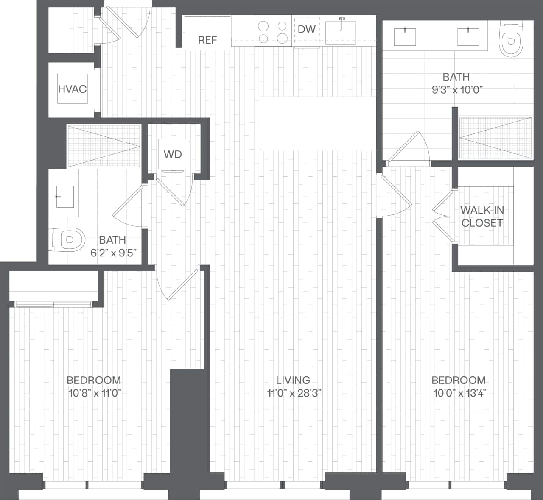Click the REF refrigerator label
pyautogui.click(x=207, y=40)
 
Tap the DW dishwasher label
pyautogui.click(x=306, y=29)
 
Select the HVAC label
pyautogui.click(x=72, y=89)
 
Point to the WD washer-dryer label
pyautogui.click(x=173, y=154)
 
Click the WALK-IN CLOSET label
pyautogui.click(x=482, y=217)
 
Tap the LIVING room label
pyautogui.click(x=293, y=380)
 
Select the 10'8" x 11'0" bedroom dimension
pyautogui.click(x=95, y=393)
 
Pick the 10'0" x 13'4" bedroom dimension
pyautogui.click(x=459, y=393)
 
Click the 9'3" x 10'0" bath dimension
pyautogui.click(x=456, y=90)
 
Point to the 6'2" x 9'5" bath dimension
pyautogui.click(x=112, y=253)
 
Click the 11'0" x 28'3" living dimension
pyautogui.click(x=294, y=393)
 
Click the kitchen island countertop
pyautogui.click(x=318, y=123)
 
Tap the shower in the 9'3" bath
pyautogui.click(x=495, y=138)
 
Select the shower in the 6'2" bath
pyautogui.click(x=104, y=146)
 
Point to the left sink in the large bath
pyautogui.click(x=405, y=37)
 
